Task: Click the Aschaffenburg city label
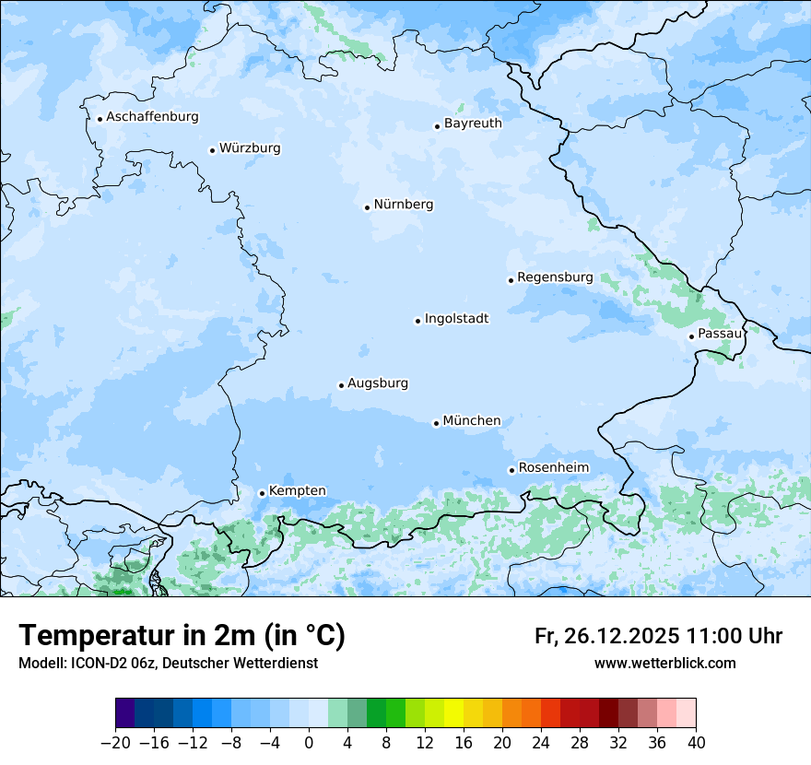pos(152,117)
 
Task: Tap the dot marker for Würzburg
pos(212,150)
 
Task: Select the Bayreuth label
pos(473,123)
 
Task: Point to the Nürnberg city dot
pos(367,207)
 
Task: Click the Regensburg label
pos(555,277)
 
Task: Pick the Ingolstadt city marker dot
pos(417,321)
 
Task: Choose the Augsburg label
pos(378,382)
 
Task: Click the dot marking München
pos(436,423)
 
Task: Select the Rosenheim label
pos(553,467)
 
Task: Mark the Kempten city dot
pos(262,493)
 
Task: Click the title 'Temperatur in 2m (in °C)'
pos(182,636)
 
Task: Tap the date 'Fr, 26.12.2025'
pos(606,636)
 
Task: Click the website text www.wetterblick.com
pos(664,663)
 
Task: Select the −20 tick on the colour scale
pos(115,743)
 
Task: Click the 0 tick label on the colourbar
pos(309,743)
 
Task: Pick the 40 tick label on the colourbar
pos(696,743)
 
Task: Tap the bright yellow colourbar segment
pos(453,713)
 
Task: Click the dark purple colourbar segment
pos(124,713)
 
